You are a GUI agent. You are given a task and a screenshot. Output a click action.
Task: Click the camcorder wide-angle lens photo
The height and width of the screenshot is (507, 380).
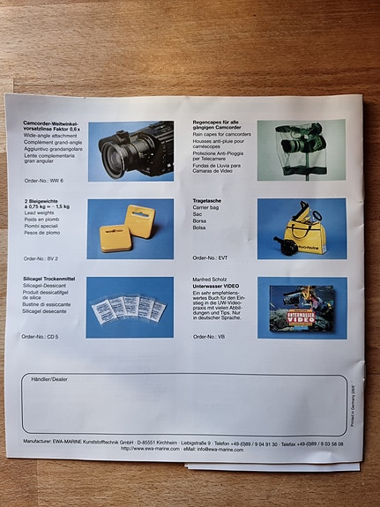coord(130,152)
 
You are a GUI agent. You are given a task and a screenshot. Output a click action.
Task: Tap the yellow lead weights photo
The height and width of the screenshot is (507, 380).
coord(130,229)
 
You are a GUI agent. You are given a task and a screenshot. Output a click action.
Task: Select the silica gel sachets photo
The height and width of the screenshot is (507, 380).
coord(130,308)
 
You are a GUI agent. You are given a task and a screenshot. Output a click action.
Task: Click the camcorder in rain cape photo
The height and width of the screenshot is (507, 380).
coord(300,151)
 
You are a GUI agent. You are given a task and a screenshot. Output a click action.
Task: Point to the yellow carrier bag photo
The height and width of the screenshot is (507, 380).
coord(300,228)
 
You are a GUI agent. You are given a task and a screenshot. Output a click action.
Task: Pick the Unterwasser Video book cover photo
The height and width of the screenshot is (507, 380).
coord(301,308)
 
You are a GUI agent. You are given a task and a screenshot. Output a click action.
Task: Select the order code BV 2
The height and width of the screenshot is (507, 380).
coord(42,258)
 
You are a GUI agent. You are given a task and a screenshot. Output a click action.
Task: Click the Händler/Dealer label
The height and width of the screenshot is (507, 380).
coord(48,379)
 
